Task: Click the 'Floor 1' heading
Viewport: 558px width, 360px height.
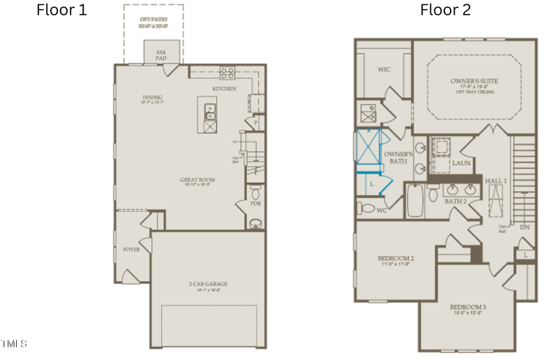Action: (x=61, y=10)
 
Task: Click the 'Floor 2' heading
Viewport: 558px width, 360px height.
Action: (x=445, y=10)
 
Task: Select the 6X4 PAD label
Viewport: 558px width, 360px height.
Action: (x=161, y=55)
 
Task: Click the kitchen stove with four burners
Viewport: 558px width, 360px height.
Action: (x=227, y=71)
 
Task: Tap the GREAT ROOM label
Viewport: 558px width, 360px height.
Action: (x=197, y=180)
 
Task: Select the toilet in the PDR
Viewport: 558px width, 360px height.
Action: (x=255, y=191)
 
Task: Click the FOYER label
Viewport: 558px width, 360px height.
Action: (x=131, y=249)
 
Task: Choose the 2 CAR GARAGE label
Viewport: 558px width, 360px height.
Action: (x=207, y=285)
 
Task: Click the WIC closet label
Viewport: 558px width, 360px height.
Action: (x=384, y=70)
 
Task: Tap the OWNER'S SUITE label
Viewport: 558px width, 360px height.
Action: (x=474, y=82)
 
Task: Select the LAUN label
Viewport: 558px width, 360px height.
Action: (x=461, y=163)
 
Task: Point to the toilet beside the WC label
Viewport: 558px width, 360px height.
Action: (x=365, y=207)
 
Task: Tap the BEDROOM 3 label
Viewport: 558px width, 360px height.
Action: (x=467, y=308)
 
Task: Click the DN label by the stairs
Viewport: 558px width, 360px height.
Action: (x=525, y=227)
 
